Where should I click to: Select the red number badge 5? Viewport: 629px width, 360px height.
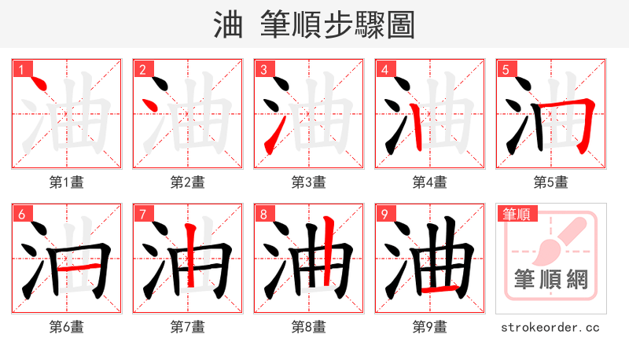pos(506,69)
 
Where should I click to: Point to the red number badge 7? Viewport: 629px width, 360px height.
pos(142,214)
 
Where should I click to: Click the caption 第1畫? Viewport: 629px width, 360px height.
pos(67,182)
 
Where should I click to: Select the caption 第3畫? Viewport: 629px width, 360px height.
pos(309,182)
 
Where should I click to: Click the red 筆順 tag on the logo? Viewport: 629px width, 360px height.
pos(515,213)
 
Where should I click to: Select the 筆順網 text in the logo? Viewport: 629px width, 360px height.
pos(550,279)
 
